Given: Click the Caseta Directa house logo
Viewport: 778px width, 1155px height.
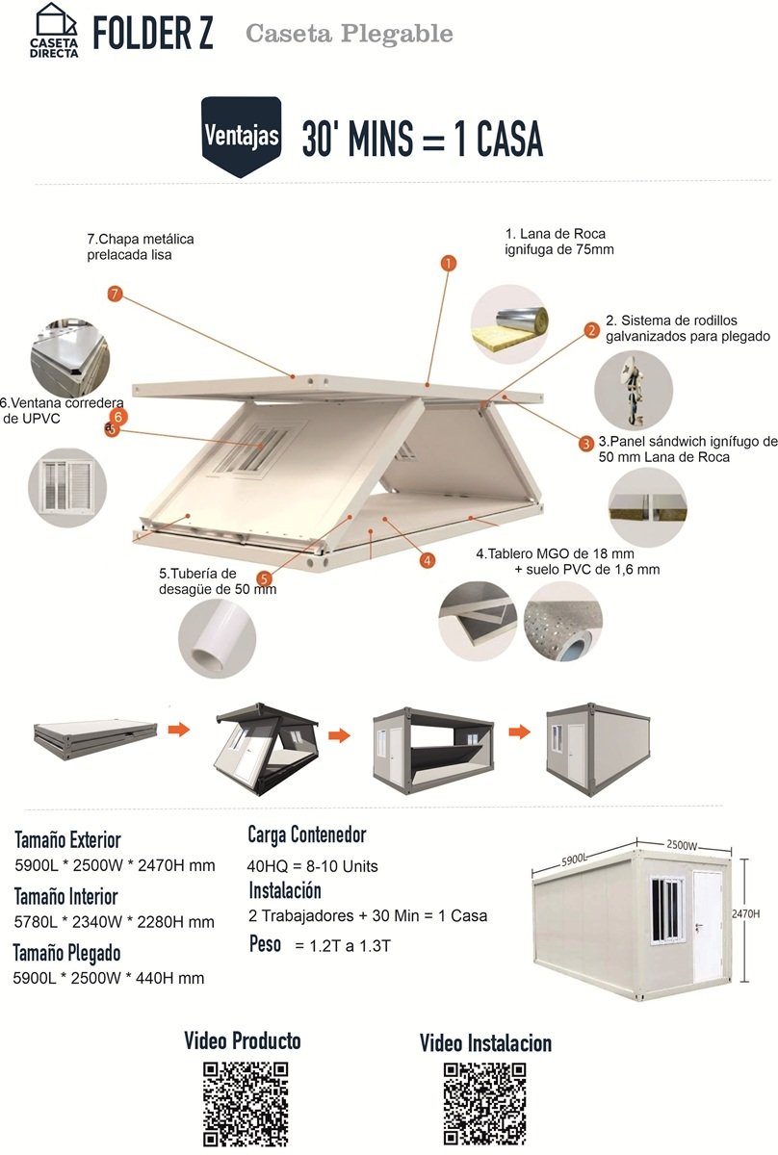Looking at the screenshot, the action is pyautogui.click(x=54, y=31).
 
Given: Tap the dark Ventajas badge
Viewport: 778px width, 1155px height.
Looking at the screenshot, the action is pyautogui.click(x=242, y=137).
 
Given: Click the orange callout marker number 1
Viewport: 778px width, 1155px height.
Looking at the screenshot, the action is pyautogui.click(x=449, y=264).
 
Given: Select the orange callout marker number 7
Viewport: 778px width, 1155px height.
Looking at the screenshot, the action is pyautogui.click(x=115, y=295).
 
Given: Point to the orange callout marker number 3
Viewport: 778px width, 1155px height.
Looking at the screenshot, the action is pyautogui.click(x=586, y=443).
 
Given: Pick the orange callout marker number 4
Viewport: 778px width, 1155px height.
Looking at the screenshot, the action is pyautogui.click(x=428, y=560).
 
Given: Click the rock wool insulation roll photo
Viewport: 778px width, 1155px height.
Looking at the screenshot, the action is pyautogui.click(x=509, y=324).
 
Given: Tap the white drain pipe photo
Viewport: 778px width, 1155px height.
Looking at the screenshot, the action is pyautogui.click(x=218, y=638).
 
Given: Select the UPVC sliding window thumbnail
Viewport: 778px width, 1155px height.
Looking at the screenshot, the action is pyautogui.click(x=67, y=487).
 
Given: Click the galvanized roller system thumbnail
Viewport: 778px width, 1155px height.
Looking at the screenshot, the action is pyautogui.click(x=634, y=391).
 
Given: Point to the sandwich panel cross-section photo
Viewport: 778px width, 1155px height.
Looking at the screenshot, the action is pyautogui.click(x=647, y=507).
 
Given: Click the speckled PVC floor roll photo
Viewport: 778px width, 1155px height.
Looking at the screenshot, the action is pyautogui.click(x=563, y=622).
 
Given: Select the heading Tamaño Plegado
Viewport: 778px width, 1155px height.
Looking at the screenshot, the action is pyautogui.click(x=67, y=953).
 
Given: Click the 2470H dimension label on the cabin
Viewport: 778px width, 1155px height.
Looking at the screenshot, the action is pyautogui.click(x=745, y=913).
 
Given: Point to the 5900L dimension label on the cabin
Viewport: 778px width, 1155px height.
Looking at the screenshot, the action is pyautogui.click(x=574, y=860).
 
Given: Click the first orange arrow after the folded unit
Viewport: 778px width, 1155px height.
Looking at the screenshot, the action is pyautogui.click(x=179, y=730).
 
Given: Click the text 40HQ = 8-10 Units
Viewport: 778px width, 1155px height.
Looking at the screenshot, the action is pyautogui.click(x=312, y=865).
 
